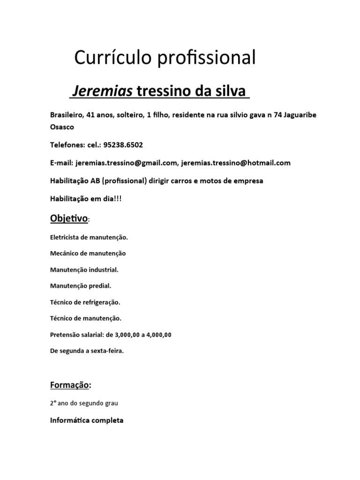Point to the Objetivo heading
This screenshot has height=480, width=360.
(x=69, y=218)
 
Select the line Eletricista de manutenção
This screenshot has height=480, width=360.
(x=89, y=238)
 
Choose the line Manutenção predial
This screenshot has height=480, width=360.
(x=81, y=286)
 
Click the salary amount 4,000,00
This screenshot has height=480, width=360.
(x=157, y=335)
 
